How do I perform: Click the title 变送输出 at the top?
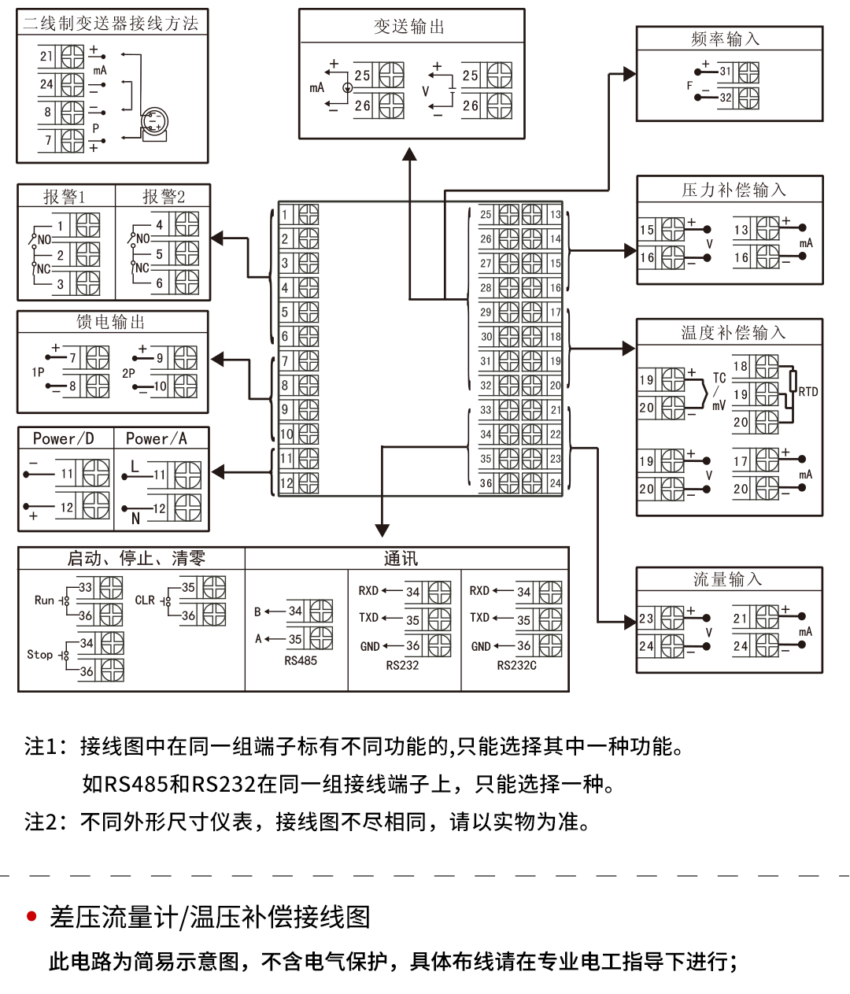(x=409, y=27)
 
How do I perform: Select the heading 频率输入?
(x=725, y=39)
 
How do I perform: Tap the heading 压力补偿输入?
(x=734, y=190)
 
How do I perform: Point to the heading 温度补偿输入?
(x=734, y=333)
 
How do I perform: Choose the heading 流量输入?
(x=728, y=580)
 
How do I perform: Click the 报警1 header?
(x=65, y=197)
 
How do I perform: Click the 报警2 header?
(x=164, y=197)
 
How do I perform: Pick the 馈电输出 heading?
(x=111, y=322)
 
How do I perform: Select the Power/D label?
(x=63, y=438)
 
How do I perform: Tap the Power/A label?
(x=157, y=438)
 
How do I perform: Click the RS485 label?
(x=301, y=661)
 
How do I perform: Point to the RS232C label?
(x=516, y=666)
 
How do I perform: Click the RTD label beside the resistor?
(x=808, y=391)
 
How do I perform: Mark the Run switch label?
(x=44, y=600)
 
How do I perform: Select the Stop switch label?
(x=40, y=655)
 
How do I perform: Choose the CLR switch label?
(x=145, y=600)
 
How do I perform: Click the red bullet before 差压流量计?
(x=32, y=916)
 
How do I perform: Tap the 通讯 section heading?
(x=401, y=559)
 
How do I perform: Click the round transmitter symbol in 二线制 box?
(x=154, y=123)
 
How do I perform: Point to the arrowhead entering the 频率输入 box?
(x=630, y=74)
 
